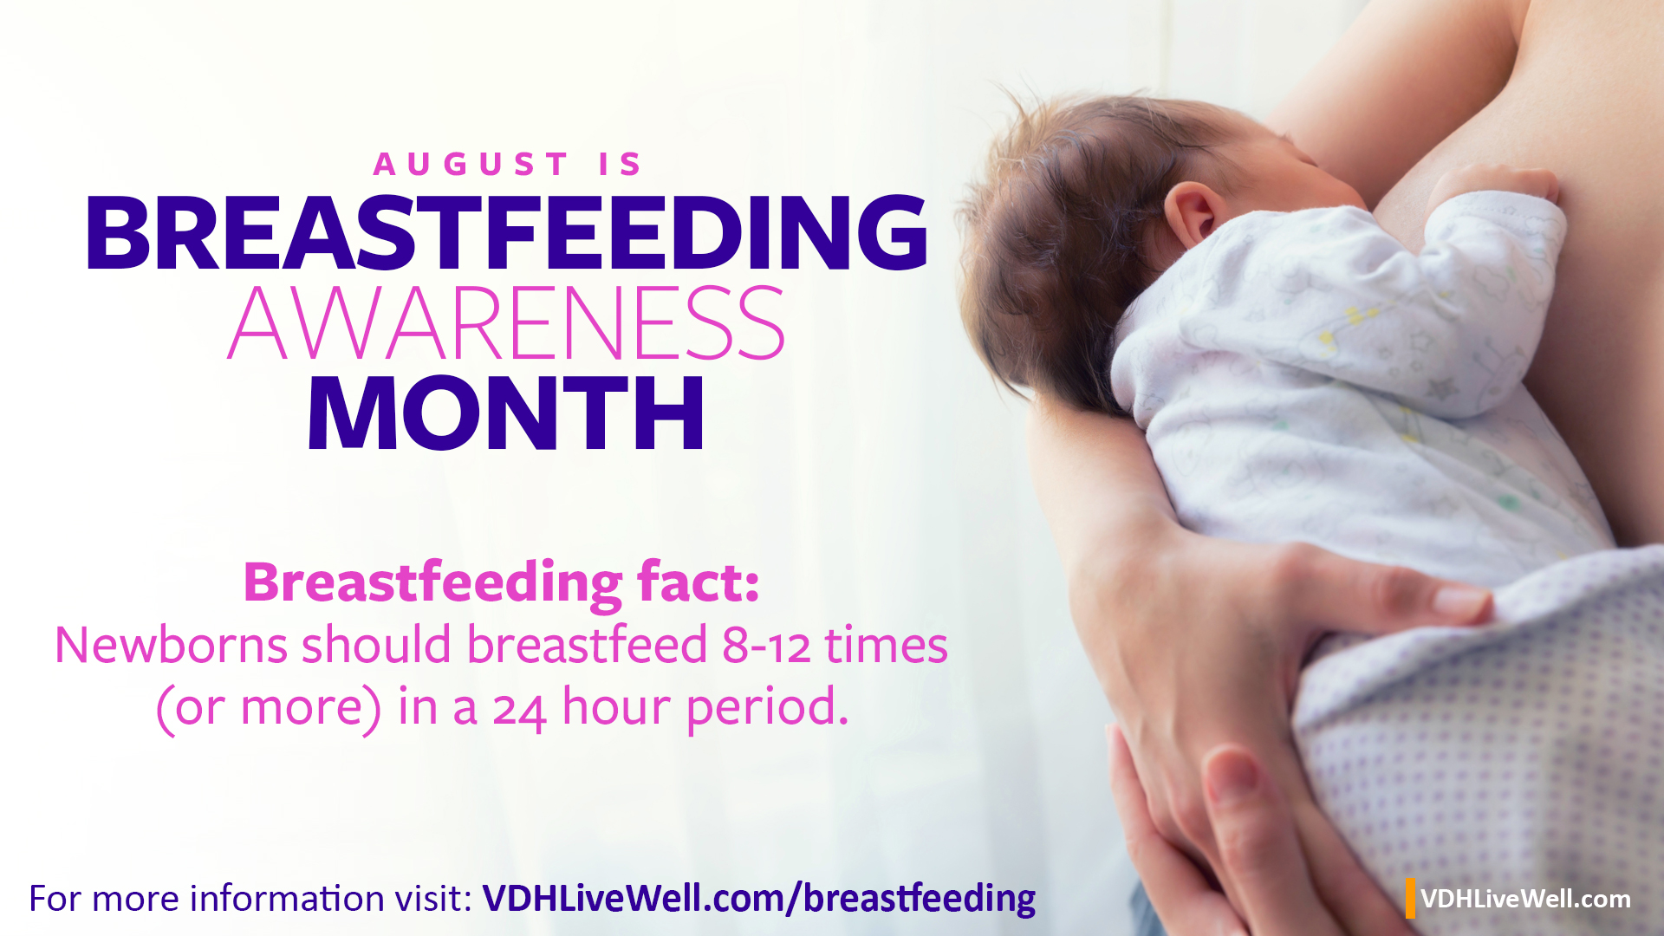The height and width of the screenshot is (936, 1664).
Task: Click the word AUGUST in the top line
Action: (471, 164)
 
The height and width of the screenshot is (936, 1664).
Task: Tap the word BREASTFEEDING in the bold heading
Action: (507, 232)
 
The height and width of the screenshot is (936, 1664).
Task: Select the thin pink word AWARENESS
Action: (507, 323)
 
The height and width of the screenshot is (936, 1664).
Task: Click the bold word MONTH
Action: (506, 413)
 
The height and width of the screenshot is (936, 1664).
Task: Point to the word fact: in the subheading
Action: (699, 582)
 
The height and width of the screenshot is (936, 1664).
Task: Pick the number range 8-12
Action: (766, 646)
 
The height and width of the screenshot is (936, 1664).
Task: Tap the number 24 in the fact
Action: (519, 709)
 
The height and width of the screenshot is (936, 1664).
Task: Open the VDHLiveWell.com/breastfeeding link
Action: (759, 899)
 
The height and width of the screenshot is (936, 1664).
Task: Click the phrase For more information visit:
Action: (250, 899)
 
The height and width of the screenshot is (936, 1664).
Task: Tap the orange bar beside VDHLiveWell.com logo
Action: (1411, 898)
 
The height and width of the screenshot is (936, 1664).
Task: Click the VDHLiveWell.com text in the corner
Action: (1525, 899)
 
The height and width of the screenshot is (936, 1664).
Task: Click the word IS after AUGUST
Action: (620, 164)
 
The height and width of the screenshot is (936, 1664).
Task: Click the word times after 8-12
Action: (886, 646)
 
